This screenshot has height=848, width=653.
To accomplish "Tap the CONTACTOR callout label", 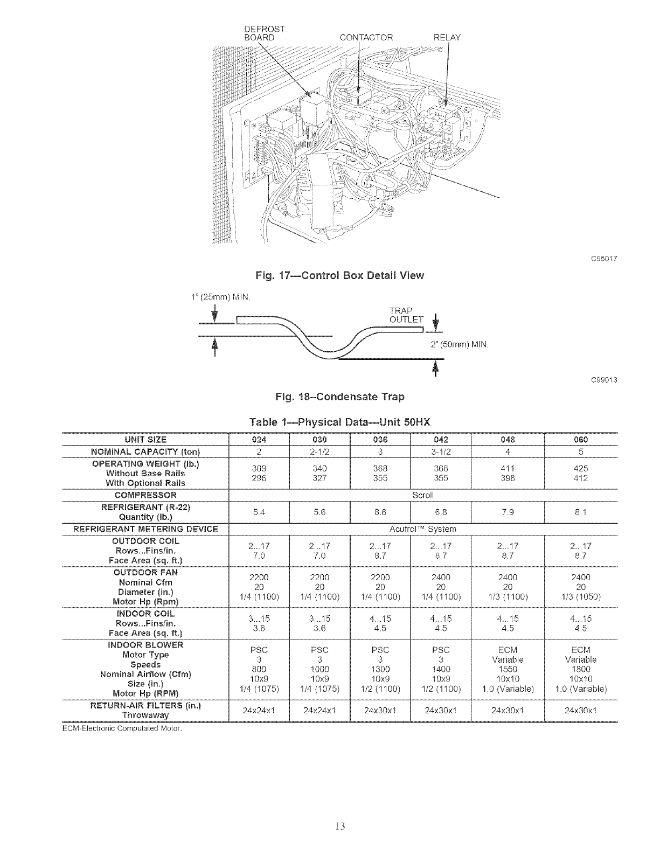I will tap(366, 38).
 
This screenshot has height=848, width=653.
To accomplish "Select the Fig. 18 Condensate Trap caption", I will tap(339, 397).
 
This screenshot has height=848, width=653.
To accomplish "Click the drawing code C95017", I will tap(603, 259).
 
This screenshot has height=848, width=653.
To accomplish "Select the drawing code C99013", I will tap(603, 380).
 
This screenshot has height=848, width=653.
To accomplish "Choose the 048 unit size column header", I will tap(508, 440).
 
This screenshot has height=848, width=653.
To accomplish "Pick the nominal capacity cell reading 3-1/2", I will tap(441, 451).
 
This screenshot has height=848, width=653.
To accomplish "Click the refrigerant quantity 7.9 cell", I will tap(508, 512).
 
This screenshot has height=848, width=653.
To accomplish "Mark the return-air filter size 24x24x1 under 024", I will tap(259, 710).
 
